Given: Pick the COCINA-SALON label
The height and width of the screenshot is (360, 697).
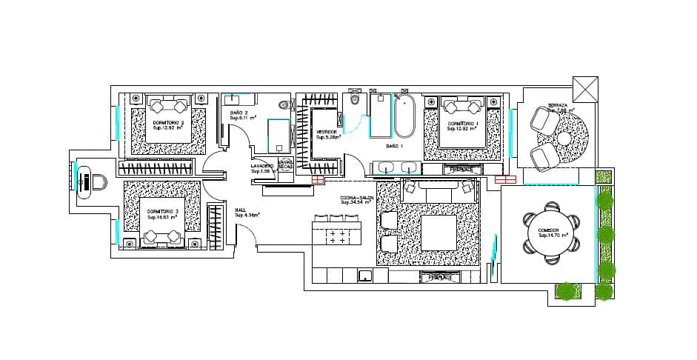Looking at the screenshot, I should pos(356,199).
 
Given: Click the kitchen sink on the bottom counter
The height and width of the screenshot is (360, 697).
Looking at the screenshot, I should pos(364,276).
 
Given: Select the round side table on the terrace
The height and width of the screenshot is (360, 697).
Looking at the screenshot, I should pos(564,138).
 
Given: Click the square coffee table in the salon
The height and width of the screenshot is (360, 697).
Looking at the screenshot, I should pos(438,233).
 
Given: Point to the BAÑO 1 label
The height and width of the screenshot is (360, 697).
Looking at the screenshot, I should pos(395,147).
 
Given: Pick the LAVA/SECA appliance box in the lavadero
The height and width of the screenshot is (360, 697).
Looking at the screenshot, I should pos(286,165).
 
